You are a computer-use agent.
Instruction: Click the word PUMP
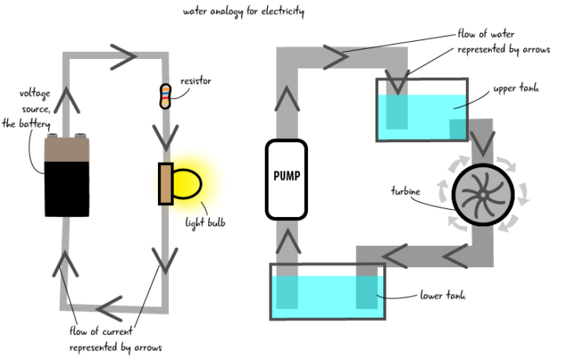[x=286, y=176]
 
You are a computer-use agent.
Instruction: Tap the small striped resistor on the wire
[x=165, y=96]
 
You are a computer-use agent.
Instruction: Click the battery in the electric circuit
[x=67, y=176]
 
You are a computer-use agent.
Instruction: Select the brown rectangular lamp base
[x=166, y=184]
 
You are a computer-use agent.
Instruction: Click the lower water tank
[x=328, y=292]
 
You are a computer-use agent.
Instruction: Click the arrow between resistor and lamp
[x=165, y=136]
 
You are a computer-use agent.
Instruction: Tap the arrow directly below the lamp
[x=164, y=259]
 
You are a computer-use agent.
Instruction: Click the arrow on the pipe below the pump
[x=287, y=241]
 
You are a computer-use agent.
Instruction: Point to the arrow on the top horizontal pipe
[x=335, y=57]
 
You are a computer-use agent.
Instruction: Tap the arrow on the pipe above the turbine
[x=482, y=142]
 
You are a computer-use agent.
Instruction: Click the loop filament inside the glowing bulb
[x=186, y=184]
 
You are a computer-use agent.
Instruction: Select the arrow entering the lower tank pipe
[x=395, y=255]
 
